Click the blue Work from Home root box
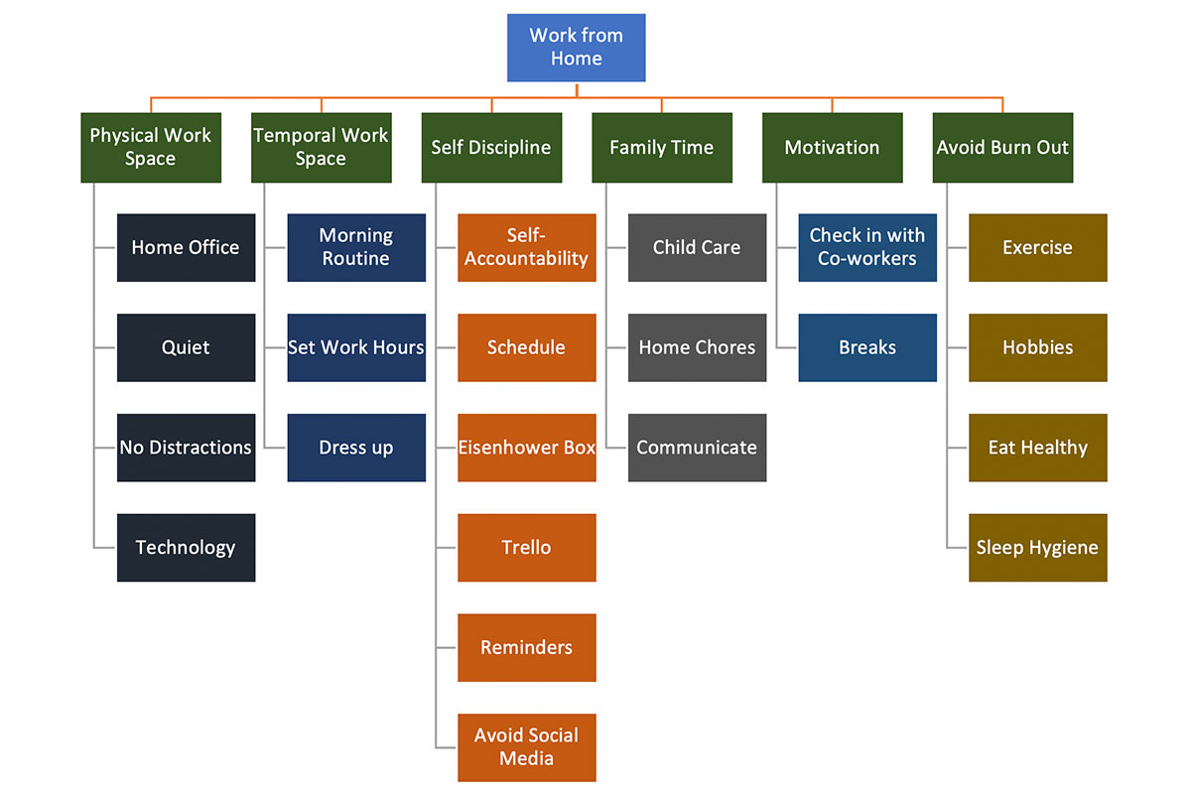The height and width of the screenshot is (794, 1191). pyautogui.click(x=576, y=48)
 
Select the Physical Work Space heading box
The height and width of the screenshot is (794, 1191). pyautogui.click(x=151, y=147)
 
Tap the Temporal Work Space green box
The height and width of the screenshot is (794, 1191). pyautogui.click(x=321, y=147)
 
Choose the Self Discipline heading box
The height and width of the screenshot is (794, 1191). pyautogui.click(x=491, y=147)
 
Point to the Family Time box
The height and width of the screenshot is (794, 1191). pyautogui.click(x=662, y=147)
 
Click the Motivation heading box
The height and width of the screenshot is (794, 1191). pyautogui.click(x=832, y=147)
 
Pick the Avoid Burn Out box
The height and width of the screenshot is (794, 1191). pyautogui.click(x=1002, y=147)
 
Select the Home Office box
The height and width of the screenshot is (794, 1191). pyautogui.click(x=186, y=247)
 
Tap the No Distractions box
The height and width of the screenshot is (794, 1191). pyautogui.click(x=186, y=448)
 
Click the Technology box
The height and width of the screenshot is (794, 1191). pyautogui.click(x=186, y=548)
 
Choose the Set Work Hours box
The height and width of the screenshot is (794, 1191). pyautogui.click(x=356, y=347)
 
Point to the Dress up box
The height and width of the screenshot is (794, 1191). pyautogui.click(x=356, y=448)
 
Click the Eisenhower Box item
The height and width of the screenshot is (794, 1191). pyautogui.click(x=527, y=448)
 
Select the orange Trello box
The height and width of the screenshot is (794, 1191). pyautogui.click(x=527, y=548)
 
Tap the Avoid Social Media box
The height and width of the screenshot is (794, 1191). pyautogui.click(x=527, y=747)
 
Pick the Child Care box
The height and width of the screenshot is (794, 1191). pyautogui.click(x=697, y=247)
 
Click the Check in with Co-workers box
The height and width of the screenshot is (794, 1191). pyautogui.click(x=867, y=247)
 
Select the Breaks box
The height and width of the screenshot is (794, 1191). pyautogui.click(x=867, y=347)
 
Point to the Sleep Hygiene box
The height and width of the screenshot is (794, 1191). pyautogui.click(x=1037, y=548)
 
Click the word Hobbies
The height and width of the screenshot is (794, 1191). pyautogui.click(x=1037, y=347)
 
